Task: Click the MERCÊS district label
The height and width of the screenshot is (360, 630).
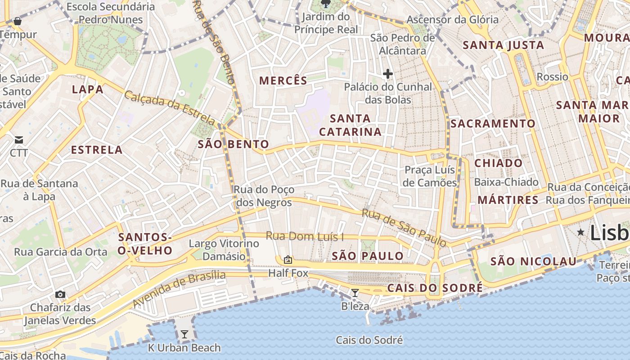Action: point(283,81)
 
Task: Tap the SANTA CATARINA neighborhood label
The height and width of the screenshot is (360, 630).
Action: point(350,125)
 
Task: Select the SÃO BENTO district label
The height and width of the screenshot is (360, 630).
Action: point(234,144)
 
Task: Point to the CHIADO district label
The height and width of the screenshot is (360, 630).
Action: point(499,163)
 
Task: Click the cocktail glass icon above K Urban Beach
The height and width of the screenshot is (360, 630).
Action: point(184,334)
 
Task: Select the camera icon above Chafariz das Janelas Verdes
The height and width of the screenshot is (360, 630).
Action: point(60,294)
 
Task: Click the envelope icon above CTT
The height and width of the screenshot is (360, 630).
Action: point(19,140)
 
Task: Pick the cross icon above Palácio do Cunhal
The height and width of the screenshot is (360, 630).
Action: point(387,73)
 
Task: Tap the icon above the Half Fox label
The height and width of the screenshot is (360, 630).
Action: point(288,260)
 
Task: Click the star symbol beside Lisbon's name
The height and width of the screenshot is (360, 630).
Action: point(581,232)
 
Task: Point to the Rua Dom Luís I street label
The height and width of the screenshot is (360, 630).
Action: point(305,236)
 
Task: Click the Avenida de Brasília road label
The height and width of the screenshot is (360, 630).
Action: point(179,289)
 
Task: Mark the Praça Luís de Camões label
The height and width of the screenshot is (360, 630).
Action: point(430,176)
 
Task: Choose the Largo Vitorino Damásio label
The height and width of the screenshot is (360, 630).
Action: point(224,250)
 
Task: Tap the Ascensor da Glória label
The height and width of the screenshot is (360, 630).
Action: point(452,20)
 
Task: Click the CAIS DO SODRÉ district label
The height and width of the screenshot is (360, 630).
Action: point(435,288)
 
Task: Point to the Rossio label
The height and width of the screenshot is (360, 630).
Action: point(552,77)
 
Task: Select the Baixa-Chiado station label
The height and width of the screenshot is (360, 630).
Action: point(506,182)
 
